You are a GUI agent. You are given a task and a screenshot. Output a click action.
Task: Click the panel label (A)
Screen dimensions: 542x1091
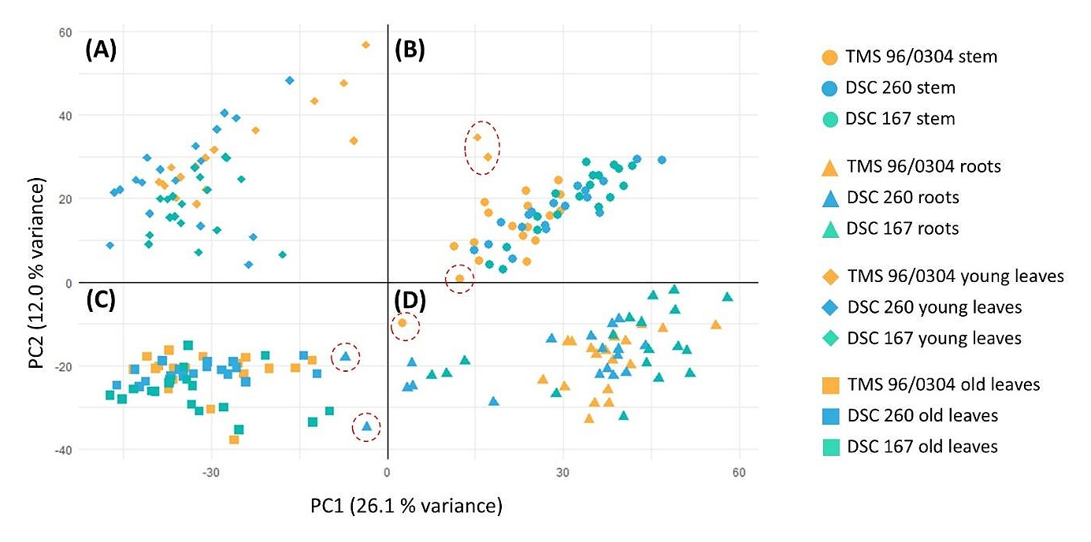point(101,50)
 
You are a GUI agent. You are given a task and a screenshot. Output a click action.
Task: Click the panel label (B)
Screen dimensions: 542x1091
point(410,50)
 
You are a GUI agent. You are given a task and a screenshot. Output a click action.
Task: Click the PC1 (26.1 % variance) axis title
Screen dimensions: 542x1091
point(406,505)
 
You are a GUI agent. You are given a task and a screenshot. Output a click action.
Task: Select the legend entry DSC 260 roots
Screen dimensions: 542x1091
point(903,198)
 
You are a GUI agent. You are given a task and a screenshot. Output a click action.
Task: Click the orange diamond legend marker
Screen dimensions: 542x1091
point(829,277)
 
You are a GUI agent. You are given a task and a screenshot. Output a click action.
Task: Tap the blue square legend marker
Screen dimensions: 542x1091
point(829,415)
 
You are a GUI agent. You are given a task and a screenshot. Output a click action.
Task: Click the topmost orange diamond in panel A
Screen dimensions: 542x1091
point(366,45)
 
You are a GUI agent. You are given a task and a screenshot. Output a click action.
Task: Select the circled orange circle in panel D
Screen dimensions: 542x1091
point(403,323)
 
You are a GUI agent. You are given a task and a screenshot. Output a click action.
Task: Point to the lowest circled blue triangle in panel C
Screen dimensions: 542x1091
point(366,426)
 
